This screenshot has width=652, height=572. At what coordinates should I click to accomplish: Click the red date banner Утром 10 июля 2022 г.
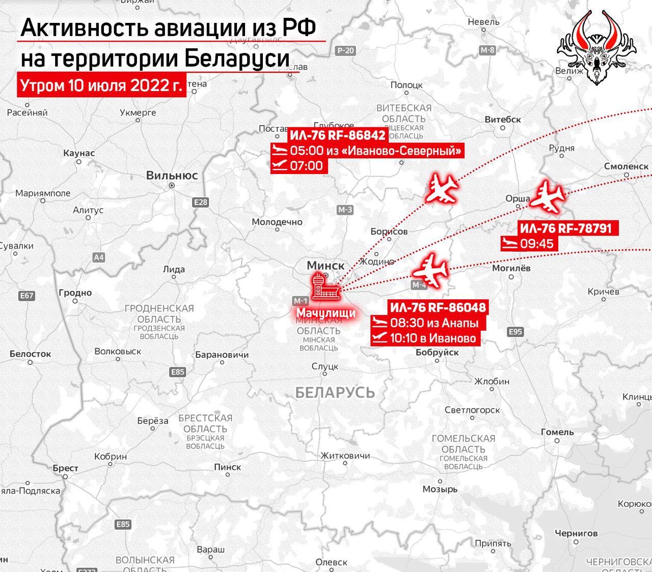[101, 85]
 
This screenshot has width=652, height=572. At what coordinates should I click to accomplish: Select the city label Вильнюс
[172, 176]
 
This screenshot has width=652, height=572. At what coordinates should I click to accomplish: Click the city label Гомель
[557, 432]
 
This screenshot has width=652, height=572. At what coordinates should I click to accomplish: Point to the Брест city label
[66, 468]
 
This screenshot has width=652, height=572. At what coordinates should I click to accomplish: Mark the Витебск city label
[503, 119]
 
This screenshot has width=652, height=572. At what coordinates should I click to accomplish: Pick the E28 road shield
[201, 203]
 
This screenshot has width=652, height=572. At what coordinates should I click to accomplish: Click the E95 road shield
[515, 332]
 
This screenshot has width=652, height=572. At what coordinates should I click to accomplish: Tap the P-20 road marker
[345, 50]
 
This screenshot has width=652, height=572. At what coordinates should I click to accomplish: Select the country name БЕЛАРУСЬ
[335, 392]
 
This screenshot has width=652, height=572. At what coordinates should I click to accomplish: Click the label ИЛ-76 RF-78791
[565, 228]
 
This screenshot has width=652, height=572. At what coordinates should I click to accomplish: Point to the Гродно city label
[75, 293]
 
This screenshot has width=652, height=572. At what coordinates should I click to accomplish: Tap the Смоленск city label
[626, 166]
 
